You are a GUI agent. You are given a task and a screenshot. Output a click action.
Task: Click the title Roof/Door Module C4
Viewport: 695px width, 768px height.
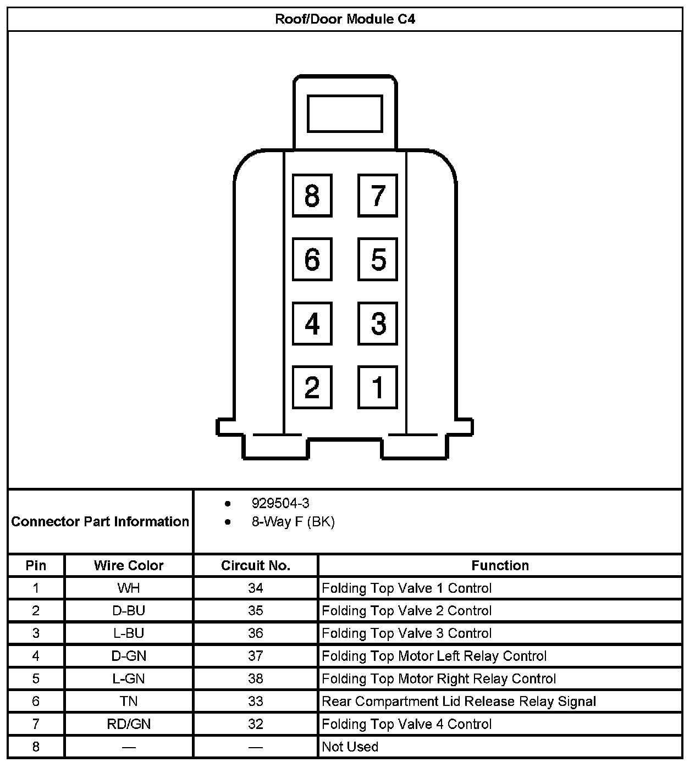[x=345, y=19]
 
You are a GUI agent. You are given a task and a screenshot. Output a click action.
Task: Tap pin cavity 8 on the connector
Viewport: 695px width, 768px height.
[x=312, y=196]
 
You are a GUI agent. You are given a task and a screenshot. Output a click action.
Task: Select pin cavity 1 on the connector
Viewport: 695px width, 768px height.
[x=378, y=387]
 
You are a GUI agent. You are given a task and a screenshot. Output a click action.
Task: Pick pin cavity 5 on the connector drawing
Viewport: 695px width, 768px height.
[x=378, y=259]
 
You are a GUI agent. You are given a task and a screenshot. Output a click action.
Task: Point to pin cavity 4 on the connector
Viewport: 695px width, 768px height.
[x=312, y=324]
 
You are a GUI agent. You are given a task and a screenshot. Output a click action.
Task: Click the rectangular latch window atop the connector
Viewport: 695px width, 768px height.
[x=345, y=114]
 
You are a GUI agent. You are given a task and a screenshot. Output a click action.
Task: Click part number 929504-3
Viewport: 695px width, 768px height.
[x=280, y=503]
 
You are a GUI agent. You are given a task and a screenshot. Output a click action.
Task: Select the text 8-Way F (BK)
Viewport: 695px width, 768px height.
[x=293, y=522]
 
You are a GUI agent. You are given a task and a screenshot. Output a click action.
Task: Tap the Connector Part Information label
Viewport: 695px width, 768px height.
[x=100, y=521]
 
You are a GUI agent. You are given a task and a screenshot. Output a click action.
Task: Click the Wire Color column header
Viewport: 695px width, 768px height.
[x=129, y=565]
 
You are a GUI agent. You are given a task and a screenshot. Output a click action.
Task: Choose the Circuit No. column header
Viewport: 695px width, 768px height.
[x=256, y=565]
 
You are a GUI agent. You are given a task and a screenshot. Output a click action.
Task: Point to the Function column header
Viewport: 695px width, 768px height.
[x=500, y=565]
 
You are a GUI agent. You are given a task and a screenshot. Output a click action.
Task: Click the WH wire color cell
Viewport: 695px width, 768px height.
[x=129, y=588]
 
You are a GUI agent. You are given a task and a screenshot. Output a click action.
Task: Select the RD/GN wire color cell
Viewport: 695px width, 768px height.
[x=129, y=724]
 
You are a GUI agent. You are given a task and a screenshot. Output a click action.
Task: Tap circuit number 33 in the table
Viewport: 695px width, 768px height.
[x=256, y=702]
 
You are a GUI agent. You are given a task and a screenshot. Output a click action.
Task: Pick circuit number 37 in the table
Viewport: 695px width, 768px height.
[x=256, y=656]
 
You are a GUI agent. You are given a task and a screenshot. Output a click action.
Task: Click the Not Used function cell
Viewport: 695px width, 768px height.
[x=350, y=747]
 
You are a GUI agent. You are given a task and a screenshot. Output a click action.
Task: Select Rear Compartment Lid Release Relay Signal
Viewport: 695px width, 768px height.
[x=459, y=702]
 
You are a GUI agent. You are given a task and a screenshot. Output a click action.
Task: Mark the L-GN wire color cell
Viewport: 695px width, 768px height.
[x=129, y=679]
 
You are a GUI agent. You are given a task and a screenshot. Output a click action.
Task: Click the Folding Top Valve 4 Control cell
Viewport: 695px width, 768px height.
[x=406, y=724]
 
